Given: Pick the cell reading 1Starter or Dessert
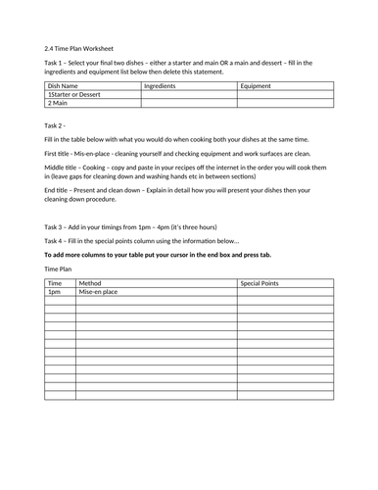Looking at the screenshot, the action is (78, 95).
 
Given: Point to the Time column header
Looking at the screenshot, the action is (55, 282).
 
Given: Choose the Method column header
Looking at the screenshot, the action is (90, 282).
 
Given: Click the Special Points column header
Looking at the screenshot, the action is (260, 282).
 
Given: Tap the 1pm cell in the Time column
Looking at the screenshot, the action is (54, 292).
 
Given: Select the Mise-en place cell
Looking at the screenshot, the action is (98, 292).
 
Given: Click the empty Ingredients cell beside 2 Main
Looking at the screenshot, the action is (188, 104).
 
